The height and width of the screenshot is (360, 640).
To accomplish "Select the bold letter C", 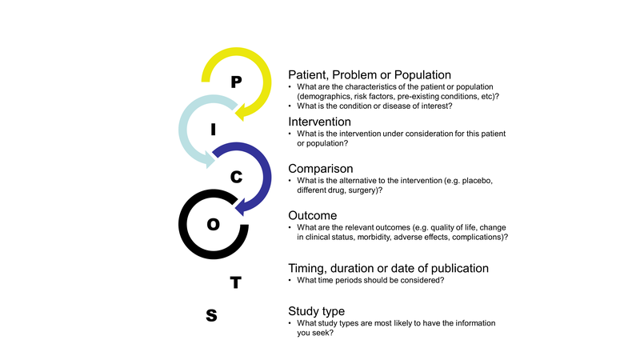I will click(x=236, y=178).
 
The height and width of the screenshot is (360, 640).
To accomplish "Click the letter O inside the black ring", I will click(x=213, y=225).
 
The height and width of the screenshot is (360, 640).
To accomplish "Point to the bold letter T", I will click(x=235, y=282).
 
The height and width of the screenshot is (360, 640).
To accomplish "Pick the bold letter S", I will click(x=211, y=315).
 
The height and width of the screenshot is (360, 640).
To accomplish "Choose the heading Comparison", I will click(x=321, y=170).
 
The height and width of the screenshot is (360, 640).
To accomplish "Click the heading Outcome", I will click(x=313, y=216).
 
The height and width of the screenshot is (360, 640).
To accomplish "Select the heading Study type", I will click(x=316, y=310).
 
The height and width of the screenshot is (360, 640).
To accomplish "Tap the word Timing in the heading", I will click(x=309, y=269).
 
